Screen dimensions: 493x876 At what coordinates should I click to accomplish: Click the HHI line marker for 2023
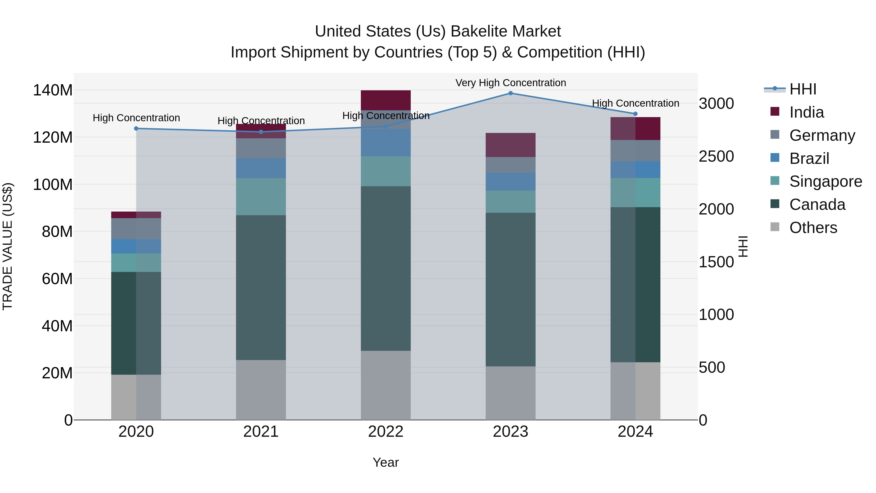[x=511, y=93]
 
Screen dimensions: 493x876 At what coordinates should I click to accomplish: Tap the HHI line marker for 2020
[x=136, y=129]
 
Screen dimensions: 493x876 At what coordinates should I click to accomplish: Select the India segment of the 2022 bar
[x=386, y=100]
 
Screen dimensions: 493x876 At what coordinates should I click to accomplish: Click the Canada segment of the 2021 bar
[x=261, y=288]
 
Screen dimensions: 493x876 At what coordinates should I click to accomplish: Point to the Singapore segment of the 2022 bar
[x=386, y=171]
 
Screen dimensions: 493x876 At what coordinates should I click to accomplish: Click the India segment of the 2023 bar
[x=511, y=145]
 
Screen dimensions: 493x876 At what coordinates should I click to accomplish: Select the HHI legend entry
[x=802, y=89]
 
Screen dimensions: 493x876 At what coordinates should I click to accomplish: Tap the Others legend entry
[x=813, y=228]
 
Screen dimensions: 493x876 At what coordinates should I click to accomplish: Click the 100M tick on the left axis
[x=53, y=185]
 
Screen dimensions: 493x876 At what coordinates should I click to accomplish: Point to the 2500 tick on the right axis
[x=716, y=157]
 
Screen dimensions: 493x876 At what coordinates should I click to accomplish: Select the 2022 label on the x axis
[x=386, y=432]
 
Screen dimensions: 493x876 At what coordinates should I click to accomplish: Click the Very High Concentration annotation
[x=511, y=83]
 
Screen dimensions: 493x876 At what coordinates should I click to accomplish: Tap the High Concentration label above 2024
[x=635, y=103]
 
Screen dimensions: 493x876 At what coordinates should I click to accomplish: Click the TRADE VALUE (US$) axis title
[x=8, y=246]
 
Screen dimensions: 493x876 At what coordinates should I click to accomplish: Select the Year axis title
[x=386, y=462]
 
